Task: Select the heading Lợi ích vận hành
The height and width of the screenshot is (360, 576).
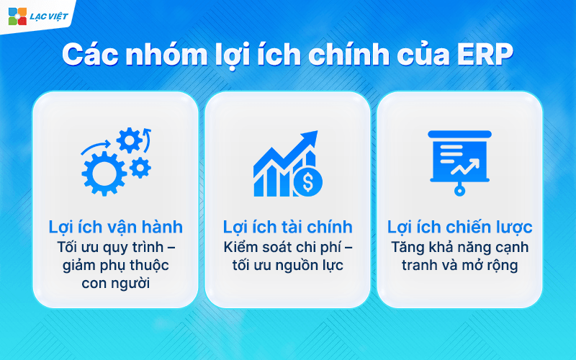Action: click(x=115, y=228)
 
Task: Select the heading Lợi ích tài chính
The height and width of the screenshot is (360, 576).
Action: click(x=287, y=228)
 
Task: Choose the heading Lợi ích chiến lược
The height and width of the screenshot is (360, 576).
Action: click(x=460, y=228)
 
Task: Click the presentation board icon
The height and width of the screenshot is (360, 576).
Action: click(x=460, y=160)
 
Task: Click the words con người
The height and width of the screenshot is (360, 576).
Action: click(x=115, y=283)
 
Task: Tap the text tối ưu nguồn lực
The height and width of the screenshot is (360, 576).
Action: click(x=287, y=265)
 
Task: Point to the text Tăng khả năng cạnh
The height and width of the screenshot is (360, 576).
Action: click(x=460, y=247)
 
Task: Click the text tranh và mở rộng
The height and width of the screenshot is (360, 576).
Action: click(x=460, y=265)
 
